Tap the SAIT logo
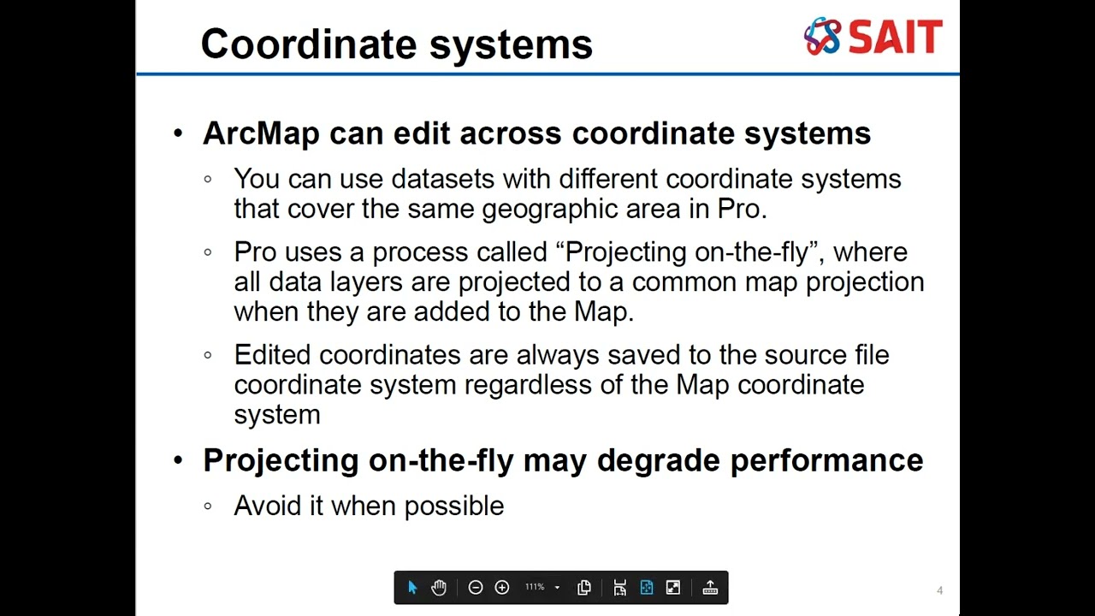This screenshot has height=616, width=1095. click(x=873, y=37)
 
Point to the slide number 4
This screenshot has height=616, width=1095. click(x=939, y=590)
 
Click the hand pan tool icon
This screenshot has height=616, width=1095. click(x=439, y=588)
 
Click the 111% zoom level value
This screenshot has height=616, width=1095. click(x=535, y=588)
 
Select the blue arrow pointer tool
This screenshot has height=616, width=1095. click(x=412, y=588)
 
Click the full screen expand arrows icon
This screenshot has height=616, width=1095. click(x=673, y=588)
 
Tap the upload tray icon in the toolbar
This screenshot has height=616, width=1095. click(x=710, y=588)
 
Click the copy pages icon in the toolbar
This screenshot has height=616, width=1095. click(x=584, y=588)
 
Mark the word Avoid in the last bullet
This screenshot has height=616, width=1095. click(x=268, y=506)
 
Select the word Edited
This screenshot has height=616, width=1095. click(x=272, y=355)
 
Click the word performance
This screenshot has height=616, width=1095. click(x=826, y=461)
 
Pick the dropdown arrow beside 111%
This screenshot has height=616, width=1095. click(x=557, y=588)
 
